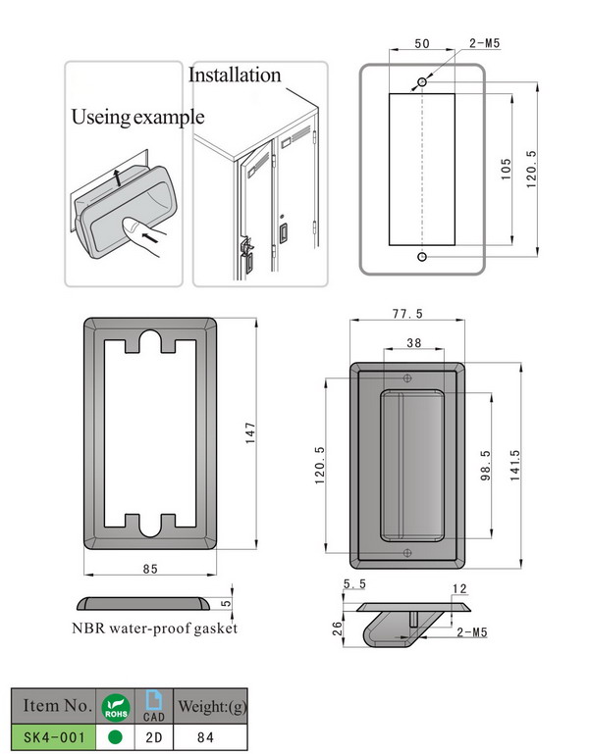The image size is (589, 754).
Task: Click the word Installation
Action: [235, 75]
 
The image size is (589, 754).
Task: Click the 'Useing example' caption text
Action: [137, 117]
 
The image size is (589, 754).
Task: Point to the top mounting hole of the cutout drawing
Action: [422, 80]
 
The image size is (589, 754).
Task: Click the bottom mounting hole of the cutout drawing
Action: [422, 257]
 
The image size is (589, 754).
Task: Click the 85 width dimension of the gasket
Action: [150, 569]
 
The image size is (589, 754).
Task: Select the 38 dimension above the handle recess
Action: [413, 344]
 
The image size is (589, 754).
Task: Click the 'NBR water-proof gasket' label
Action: [154, 628]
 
